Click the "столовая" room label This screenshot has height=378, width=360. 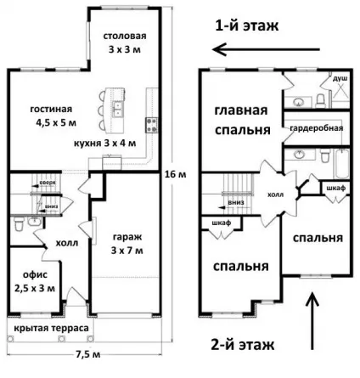(x=125, y=36)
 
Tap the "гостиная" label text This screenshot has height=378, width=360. (x=51, y=109)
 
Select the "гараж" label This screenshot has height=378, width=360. (x=127, y=237)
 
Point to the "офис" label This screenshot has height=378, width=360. (x=35, y=274)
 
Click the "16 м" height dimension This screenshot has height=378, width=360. (x=176, y=174)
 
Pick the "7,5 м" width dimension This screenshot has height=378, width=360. (x=88, y=354)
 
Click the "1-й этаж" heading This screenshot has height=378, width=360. (x=247, y=25)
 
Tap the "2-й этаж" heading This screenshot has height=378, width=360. (x=243, y=345)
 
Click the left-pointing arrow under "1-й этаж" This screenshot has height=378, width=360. (x=266, y=49)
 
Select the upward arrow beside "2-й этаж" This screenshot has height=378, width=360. (x=312, y=320)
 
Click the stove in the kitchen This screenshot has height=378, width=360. (x=151, y=125)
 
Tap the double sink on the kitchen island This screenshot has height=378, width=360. (x=118, y=110)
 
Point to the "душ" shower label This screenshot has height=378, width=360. (x=340, y=79)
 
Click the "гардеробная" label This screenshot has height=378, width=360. (x=316, y=128)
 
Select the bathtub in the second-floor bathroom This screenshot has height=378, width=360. (x=342, y=164)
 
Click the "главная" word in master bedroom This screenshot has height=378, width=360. (x=241, y=110)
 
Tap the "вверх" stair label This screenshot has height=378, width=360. (x=47, y=183)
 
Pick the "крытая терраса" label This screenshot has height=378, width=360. (x=51, y=328)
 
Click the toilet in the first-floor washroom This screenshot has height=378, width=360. (x=20, y=224)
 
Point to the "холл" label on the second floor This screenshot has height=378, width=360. (x=275, y=195)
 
